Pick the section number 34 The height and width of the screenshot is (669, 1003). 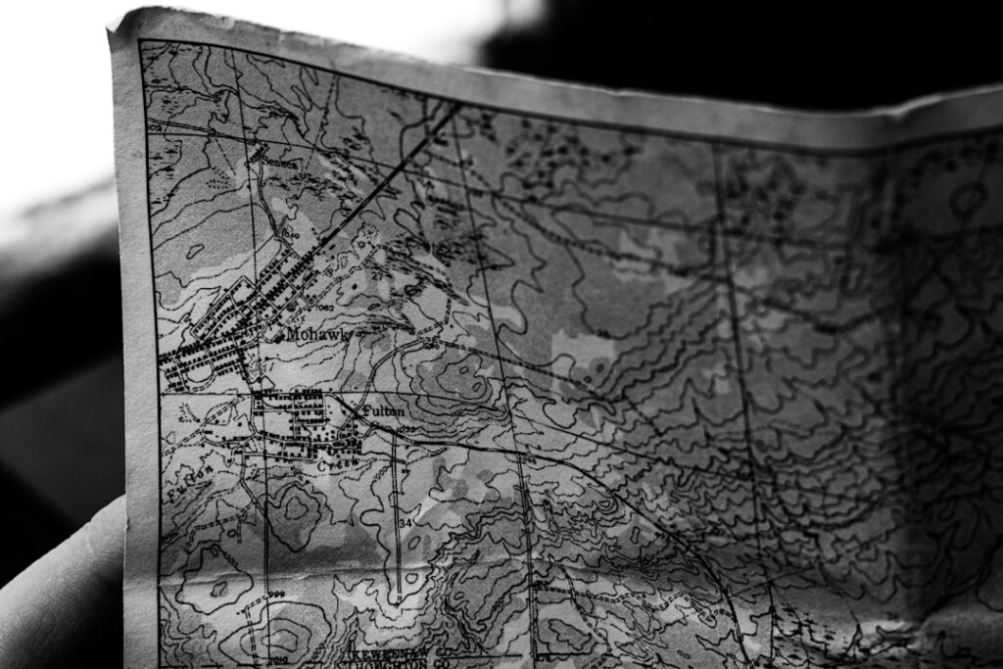[x=405, y=522]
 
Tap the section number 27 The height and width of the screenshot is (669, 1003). [x=375, y=277]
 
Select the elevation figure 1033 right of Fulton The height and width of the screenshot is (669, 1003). [x=406, y=428]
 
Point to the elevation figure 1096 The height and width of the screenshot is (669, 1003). [x=428, y=346]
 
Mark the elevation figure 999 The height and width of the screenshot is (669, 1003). [x=277, y=595]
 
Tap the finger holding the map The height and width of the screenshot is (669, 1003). [x=59, y=588]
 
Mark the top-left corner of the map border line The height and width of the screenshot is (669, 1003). [x=140, y=42]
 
